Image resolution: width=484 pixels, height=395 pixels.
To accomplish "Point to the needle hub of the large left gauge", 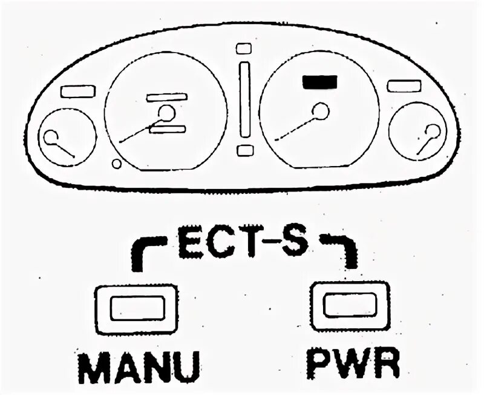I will [x=166, y=112].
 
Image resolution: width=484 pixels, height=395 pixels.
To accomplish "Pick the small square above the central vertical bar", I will [x=244, y=48].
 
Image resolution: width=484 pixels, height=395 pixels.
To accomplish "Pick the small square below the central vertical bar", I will [x=244, y=150].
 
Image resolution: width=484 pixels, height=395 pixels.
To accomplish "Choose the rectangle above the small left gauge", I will [x=78, y=91].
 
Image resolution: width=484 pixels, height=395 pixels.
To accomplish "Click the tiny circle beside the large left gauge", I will [x=116, y=164].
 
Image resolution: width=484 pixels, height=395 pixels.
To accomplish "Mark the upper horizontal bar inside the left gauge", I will [x=166, y=97].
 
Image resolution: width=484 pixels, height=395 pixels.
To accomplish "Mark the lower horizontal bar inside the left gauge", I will [x=166, y=128].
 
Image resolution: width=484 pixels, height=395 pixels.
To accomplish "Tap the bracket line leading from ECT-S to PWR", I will [x=345, y=248].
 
